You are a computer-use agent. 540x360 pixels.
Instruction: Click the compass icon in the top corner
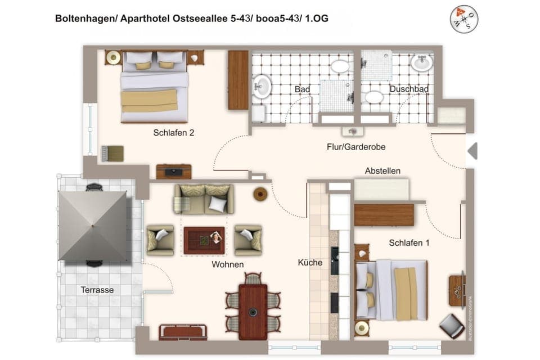click(464, 19)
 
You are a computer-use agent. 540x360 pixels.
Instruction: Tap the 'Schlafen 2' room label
click(173, 133)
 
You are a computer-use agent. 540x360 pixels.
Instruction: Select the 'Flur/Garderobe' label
click(355, 147)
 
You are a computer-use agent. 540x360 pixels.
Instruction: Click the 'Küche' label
click(310, 263)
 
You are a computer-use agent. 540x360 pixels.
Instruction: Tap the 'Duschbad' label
click(409, 89)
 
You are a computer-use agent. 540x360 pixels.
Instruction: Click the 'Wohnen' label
click(227, 264)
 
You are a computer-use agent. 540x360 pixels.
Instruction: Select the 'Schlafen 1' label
click(409, 243)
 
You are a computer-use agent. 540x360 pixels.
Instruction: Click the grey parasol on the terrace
click(93, 226)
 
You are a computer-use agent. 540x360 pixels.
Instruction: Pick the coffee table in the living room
click(204, 240)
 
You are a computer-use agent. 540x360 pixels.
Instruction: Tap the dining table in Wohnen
click(253, 311)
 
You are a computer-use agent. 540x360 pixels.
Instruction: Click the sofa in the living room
click(204, 198)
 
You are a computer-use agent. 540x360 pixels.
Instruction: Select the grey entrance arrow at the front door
click(472, 151)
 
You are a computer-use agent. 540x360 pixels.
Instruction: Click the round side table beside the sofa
click(260, 194)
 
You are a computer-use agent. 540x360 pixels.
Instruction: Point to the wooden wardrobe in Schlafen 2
click(238, 80)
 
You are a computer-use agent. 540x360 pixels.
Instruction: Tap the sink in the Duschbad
click(421, 62)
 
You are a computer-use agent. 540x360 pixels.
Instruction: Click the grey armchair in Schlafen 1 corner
click(452, 326)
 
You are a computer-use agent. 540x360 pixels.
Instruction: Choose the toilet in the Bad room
click(339, 66)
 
